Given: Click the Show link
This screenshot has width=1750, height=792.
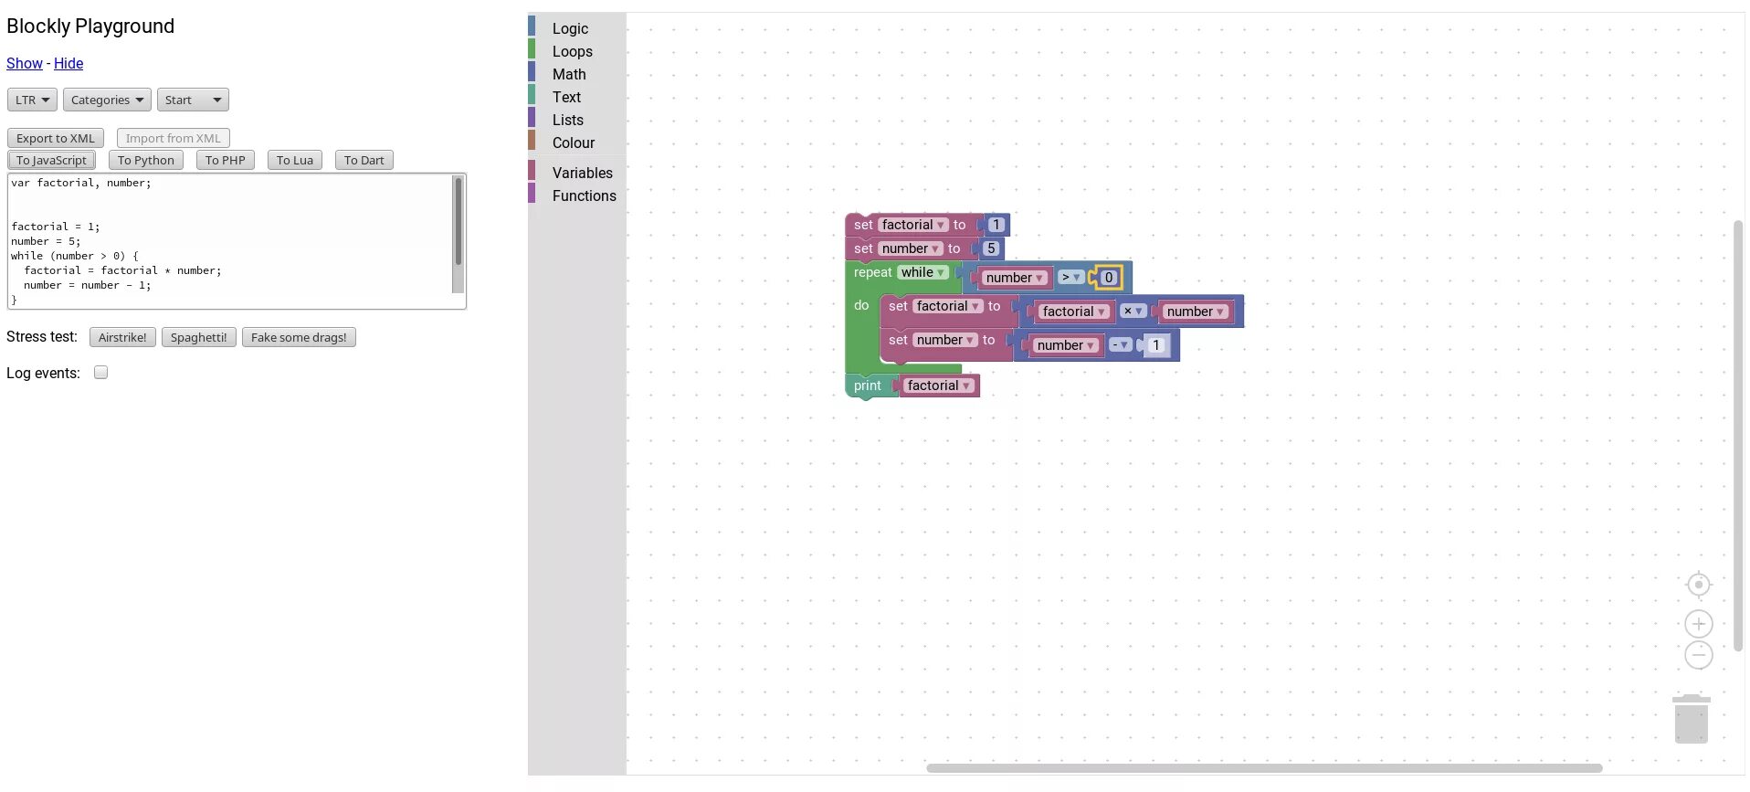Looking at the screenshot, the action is click(24, 63).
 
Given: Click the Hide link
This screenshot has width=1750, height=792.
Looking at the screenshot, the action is click(69, 63).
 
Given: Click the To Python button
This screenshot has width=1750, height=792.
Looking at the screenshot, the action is click(145, 160).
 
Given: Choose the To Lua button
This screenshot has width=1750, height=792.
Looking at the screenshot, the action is click(294, 160).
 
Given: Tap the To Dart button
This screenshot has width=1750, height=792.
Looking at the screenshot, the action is click(364, 160).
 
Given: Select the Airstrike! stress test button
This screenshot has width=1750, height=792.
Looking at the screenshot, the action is click(122, 337).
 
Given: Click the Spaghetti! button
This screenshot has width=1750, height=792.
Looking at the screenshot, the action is click(198, 337).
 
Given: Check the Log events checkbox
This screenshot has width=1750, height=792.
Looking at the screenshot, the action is click(101, 373).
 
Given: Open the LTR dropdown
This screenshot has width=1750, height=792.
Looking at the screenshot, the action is click(32, 100).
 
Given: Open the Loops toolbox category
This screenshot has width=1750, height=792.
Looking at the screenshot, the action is click(572, 52).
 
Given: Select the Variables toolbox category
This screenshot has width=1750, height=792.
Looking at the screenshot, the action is click(582, 173).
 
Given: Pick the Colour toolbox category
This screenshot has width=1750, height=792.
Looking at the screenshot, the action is click(573, 143).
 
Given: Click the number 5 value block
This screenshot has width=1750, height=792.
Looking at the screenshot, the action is click(991, 248).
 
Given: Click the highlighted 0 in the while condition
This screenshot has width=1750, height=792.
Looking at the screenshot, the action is click(1109, 278).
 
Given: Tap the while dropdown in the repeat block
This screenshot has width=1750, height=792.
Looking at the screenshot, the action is click(922, 272).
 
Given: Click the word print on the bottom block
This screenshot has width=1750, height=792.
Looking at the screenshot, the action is click(867, 385).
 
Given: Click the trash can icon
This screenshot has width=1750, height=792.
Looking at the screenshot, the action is click(1691, 719).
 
